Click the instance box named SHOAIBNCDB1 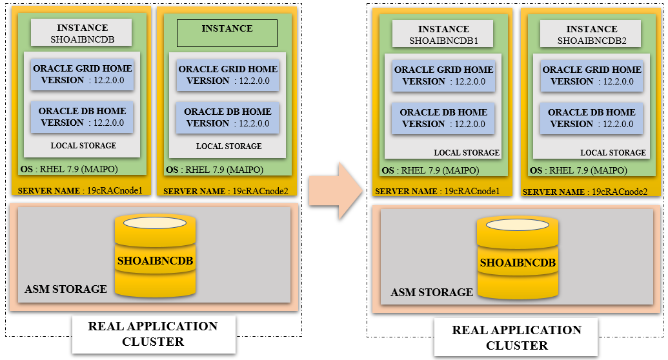tap(443, 35)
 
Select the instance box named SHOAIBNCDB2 tap(592, 35)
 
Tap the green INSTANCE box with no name tap(227, 33)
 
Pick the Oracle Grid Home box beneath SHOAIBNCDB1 tap(443, 75)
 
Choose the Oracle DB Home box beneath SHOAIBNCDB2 tap(592, 118)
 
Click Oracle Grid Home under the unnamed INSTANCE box tap(227, 75)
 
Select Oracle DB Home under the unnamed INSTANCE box tap(227, 117)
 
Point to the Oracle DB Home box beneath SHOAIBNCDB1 tap(443, 118)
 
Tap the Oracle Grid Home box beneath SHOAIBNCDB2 tap(592, 75)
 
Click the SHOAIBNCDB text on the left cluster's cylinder tap(155, 261)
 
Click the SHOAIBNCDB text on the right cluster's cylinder tap(518, 263)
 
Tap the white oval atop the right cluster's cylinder tap(518, 225)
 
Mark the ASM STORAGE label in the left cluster tap(66, 289)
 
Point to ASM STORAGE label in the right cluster tap(432, 292)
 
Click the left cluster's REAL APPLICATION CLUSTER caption tap(153, 334)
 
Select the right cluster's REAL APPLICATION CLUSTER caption tap(516, 337)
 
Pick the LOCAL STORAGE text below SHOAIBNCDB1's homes tap(467, 153)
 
